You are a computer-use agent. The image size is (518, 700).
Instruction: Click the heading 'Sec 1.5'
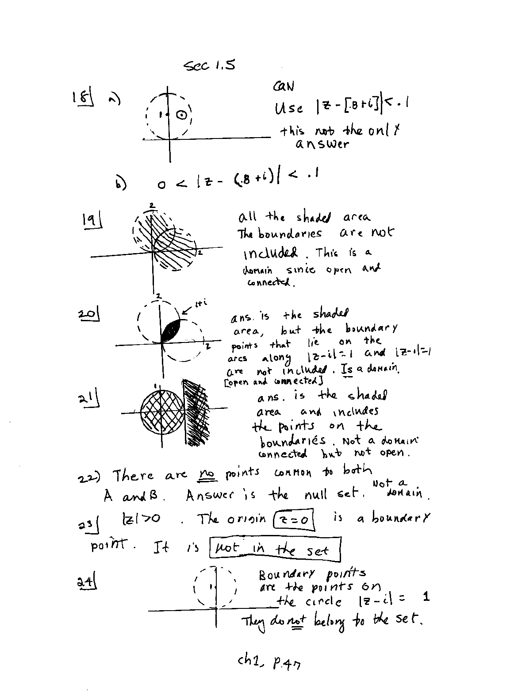[x=209, y=65]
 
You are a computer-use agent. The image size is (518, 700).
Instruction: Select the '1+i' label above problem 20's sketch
[x=200, y=304]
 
